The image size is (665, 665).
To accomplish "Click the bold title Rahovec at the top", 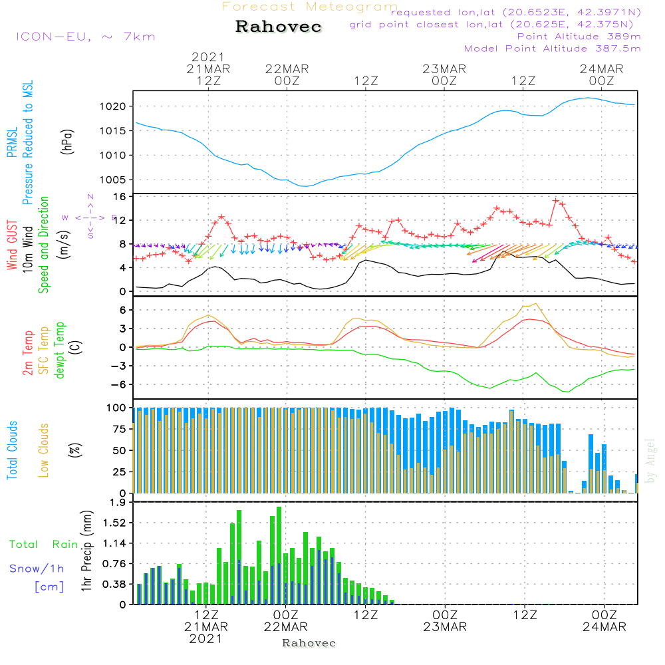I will click(x=279, y=27).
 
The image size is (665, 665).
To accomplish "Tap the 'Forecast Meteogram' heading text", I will click(x=310, y=7).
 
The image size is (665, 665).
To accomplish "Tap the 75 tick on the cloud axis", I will click(x=120, y=429).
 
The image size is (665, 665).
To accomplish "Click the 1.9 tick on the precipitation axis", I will click(x=118, y=502).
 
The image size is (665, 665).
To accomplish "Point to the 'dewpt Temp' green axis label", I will click(x=59, y=350).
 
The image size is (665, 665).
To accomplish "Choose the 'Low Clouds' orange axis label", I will click(x=44, y=450).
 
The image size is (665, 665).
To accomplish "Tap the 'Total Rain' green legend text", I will click(x=43, y=545).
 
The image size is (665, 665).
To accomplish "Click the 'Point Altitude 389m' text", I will click(x=579, y=37).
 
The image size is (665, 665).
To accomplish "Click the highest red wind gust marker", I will click(x=555, y=199).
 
